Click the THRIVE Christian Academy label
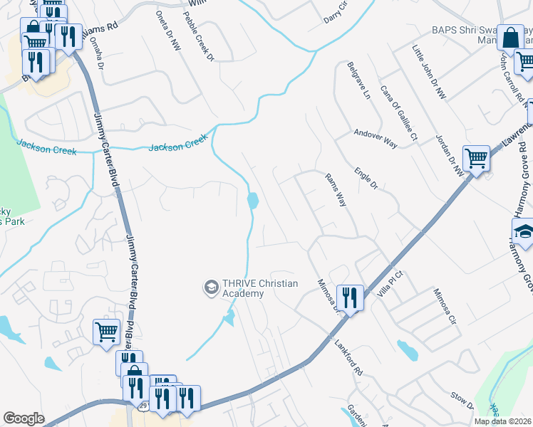pos(255,287)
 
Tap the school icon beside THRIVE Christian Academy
pos(211,287)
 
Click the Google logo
pos(24,418)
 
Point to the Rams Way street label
pos(335,190)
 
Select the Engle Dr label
pos(366,178)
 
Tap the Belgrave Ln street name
pos(359,80)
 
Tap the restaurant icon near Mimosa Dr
pos(348,297)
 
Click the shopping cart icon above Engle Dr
pos(475,158)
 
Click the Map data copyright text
pos(502,421)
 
